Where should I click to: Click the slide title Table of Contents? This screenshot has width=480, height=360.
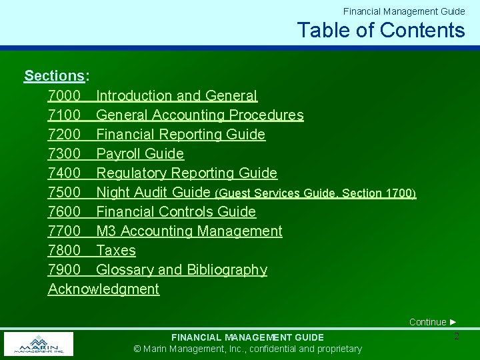(x=381, y=30)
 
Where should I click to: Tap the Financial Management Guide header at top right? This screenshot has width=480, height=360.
(x=404, y=11)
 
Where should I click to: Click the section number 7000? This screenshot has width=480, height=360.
(x=65, y=96)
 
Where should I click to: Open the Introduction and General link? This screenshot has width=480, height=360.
(x=177, y=96)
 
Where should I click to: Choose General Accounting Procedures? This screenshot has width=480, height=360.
(x=199, y=115)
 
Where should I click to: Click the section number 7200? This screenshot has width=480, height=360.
(x=65, y=135)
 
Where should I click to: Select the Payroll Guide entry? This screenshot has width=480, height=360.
(x=140, y=154)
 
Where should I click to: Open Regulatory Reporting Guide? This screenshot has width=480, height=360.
(x=187, y=173)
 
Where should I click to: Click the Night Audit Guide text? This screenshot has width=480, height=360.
(x=153, y=193)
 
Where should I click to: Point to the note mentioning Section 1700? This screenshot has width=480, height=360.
(x=315, y=193)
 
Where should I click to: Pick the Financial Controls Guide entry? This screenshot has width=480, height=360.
(x=176, y=212)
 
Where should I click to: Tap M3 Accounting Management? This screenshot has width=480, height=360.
(x=189, y=231)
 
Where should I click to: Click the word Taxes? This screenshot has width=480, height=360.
(x=116, y=251)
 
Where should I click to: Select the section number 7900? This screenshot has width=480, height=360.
(x=65, y=270)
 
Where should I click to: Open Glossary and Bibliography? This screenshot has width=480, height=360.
(x=181, y=270)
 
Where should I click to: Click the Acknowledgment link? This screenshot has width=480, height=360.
(x=103, y=289)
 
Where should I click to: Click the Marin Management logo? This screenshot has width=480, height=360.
(x=39, y=344)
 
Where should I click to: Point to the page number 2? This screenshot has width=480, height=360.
(x=456, y=337)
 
